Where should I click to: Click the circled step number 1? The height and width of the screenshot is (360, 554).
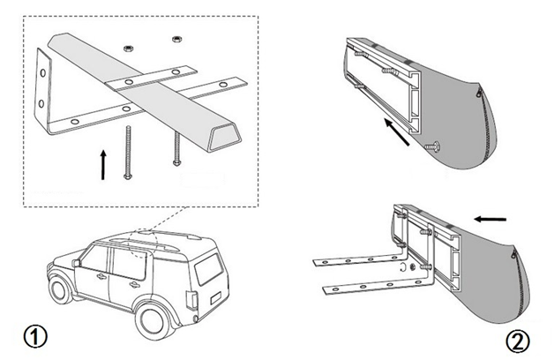[34, 335]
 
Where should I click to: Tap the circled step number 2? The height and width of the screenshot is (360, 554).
[518, 341]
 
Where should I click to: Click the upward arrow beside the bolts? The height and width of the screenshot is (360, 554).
[104, 163]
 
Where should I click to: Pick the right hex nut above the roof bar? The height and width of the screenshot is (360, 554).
[176, 39]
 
